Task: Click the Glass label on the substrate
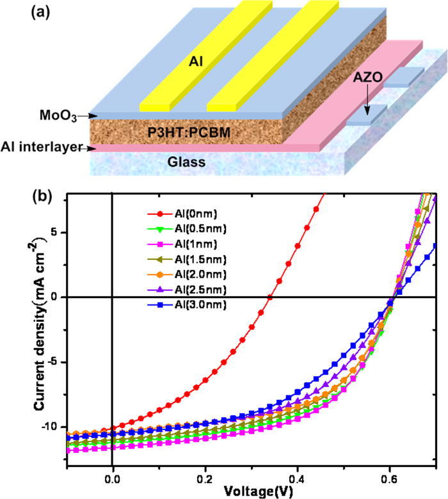point(186,161)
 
